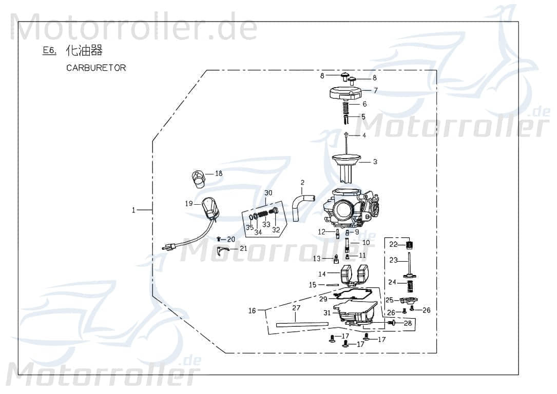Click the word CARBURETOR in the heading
[x=96, y=68]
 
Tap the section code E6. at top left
[x=49, y=51]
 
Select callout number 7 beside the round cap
[x=375, y=90]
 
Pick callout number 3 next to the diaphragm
[x=375, y=162]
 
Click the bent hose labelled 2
[x=302, y=204]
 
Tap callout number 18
[x=219, y=174]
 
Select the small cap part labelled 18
[x=198, y=178]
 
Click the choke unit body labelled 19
[x=210, y=208]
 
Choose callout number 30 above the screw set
[x=268, y=193]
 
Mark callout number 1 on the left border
[x=133, y=210]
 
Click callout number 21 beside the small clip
[x=243, y=249]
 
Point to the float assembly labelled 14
[x=352, y=274]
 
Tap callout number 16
[x=252, y=311]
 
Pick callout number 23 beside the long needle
[x=394, y=261]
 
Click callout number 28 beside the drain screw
[x=408, y=323]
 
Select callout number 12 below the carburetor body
[x=322, y=232]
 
